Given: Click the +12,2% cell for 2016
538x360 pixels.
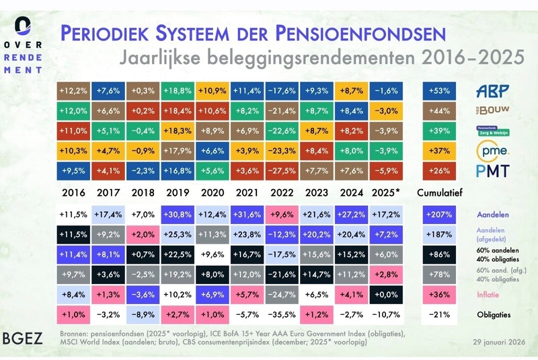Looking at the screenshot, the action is [73, 91].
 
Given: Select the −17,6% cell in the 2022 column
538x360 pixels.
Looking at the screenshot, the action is [282, 91].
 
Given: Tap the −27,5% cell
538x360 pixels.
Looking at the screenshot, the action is [282, 171].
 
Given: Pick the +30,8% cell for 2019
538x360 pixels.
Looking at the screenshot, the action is [178, 215].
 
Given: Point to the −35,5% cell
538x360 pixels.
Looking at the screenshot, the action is [282, 315].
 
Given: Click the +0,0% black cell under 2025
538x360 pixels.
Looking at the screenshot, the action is [386, 295].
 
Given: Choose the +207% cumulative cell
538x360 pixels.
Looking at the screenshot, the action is [439, 215].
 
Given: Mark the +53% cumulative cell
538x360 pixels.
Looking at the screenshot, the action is [439, 91].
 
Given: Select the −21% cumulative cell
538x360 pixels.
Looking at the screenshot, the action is [439, 315].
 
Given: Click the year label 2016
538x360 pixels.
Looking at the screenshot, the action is [73, 192].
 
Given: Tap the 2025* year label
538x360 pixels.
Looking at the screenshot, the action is [385, 192].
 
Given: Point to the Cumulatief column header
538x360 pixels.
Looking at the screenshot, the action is [440, 192].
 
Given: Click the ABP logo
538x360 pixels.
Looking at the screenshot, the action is [492, 91].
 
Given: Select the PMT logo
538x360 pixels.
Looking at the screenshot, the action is [493, 171].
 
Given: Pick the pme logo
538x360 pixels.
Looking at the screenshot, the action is [493, 151].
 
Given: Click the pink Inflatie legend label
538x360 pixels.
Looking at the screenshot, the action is [488, 295].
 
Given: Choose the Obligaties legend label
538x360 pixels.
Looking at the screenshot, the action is [494, 315].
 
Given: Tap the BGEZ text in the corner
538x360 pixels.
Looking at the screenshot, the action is [23, 338].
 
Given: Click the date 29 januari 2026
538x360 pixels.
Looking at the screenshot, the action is [499, 342].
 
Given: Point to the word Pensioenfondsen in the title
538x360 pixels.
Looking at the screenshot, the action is [360, 33].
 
